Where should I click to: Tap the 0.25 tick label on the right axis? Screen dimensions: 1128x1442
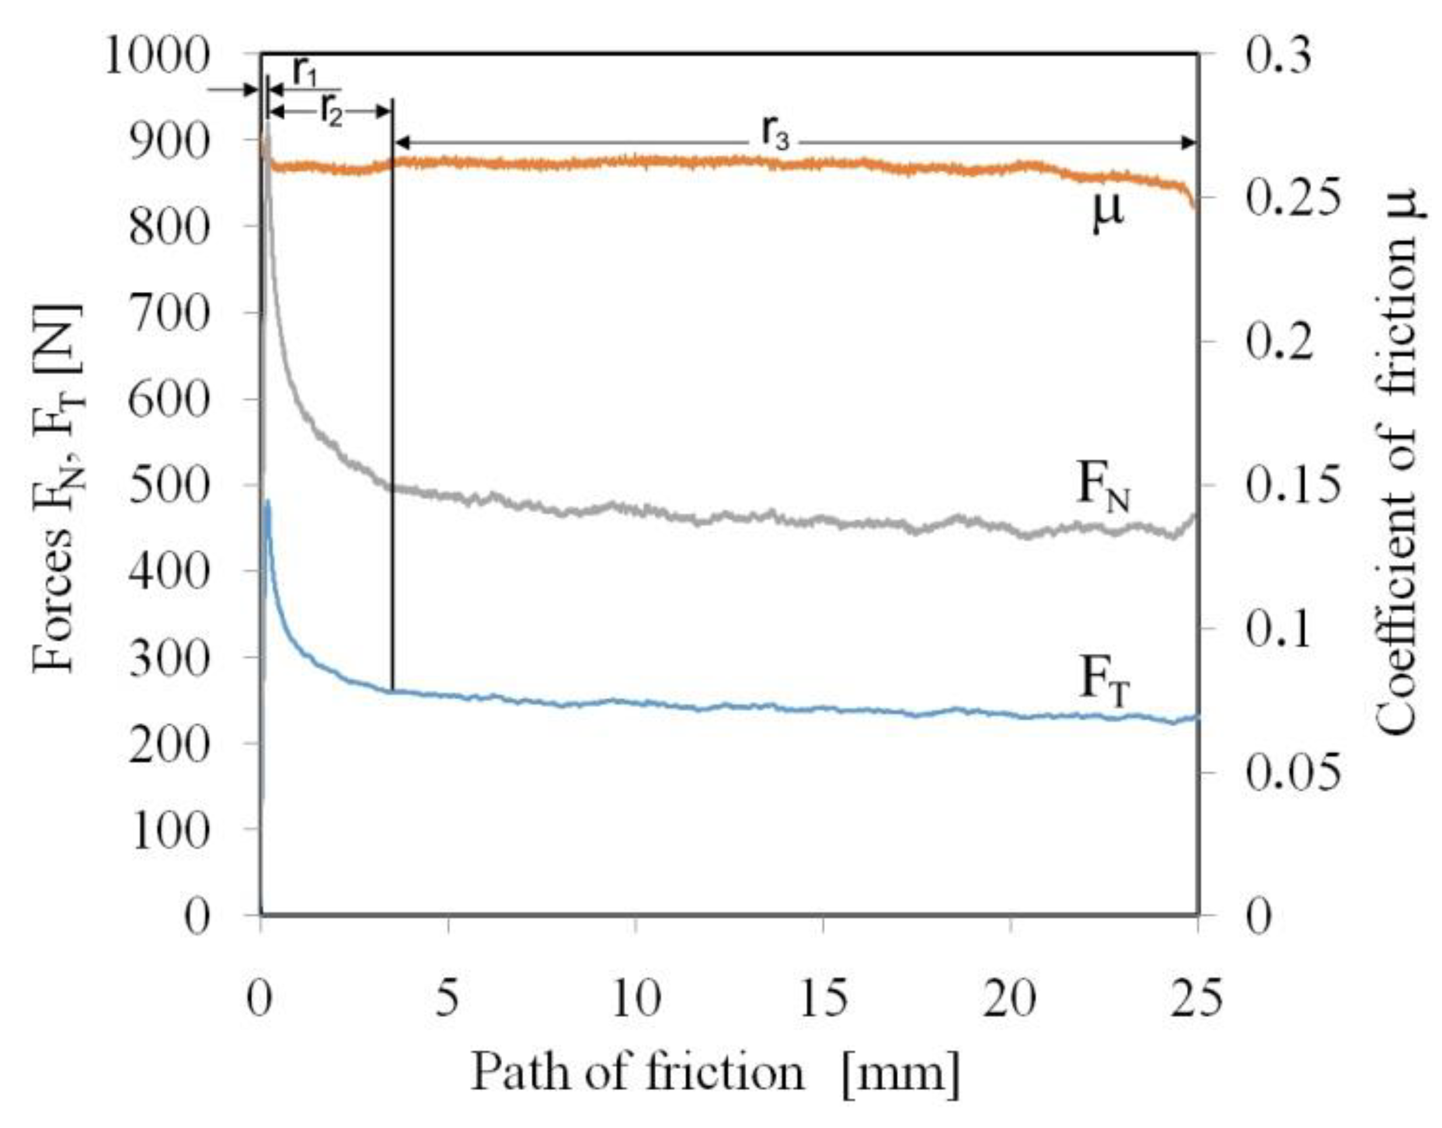(1293, 199)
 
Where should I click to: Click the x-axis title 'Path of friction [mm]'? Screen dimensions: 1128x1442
(715, 1073)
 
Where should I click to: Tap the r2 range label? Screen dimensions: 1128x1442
(332, 112)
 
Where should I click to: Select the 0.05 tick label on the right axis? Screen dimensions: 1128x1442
(1293, 772)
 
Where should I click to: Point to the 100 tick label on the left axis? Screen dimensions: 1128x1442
(170, 830)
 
